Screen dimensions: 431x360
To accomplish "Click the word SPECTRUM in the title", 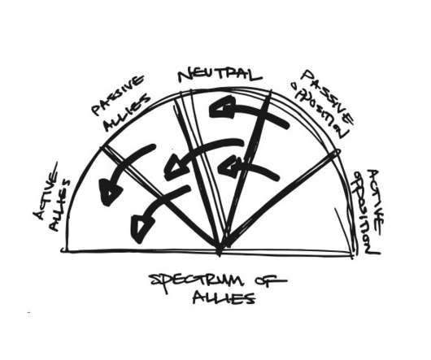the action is pyautogui.click(x=197, y=282).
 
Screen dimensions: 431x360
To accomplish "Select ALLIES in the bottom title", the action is pyautogui.click(x=224, y=298).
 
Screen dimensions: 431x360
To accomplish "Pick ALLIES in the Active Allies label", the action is pyautogui.click(x=61, y=206).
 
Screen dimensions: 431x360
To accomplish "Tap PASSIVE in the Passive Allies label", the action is pyautogui.click(x=118, y=95).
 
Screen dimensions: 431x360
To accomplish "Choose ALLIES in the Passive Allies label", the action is pyautogui.click(x=127, y=113).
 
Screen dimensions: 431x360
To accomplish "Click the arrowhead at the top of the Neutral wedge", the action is pyautogui.click(x=221, y=108).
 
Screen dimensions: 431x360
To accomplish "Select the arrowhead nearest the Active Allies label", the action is pyautogui.click(x=110, y=193).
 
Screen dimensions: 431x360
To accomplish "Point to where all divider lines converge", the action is pyautogui.click(x=220, y=249).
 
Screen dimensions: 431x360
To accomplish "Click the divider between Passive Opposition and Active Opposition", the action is pyautogui.click(x=279, y=200).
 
